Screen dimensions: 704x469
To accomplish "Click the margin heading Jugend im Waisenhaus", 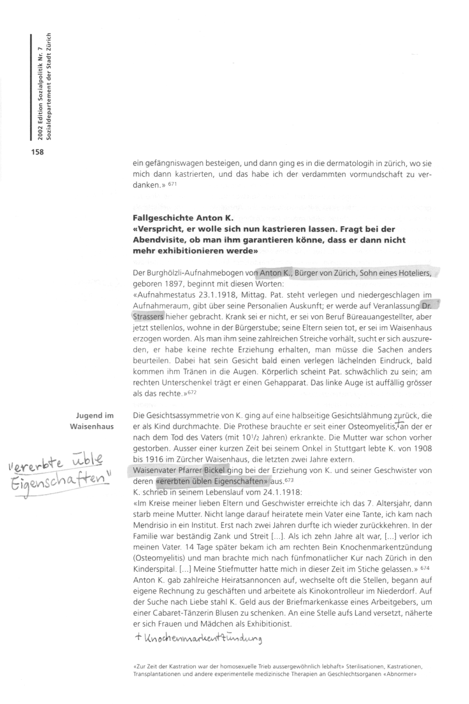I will pyautogui.click(x=93, y=420).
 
